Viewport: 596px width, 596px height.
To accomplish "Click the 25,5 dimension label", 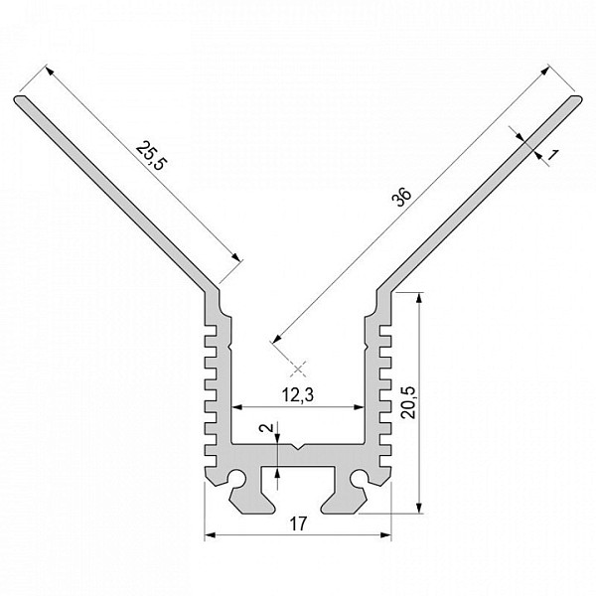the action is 151,156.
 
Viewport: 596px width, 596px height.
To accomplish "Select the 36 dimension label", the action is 403,197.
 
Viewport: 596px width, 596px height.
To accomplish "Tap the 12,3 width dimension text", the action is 298,395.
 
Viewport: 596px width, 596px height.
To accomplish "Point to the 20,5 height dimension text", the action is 409,402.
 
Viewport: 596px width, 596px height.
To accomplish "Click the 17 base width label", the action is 298,524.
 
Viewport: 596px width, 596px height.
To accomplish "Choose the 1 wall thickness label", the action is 553,155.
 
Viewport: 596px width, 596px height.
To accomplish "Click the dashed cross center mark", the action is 298,369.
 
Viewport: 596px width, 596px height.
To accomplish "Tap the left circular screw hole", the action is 236,478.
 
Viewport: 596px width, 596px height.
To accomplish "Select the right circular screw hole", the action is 359,478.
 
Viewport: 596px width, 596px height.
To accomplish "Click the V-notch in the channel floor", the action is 298,446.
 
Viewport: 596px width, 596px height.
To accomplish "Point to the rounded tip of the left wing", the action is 18,100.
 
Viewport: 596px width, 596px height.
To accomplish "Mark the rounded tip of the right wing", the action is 577,100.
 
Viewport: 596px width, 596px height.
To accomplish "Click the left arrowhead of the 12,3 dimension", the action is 237,407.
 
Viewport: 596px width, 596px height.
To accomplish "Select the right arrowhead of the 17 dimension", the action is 385,535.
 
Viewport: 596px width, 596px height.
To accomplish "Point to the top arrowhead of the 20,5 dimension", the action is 419,298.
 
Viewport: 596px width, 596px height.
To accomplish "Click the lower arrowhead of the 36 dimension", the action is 277,338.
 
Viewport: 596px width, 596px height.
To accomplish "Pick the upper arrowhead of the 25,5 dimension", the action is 50,71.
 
